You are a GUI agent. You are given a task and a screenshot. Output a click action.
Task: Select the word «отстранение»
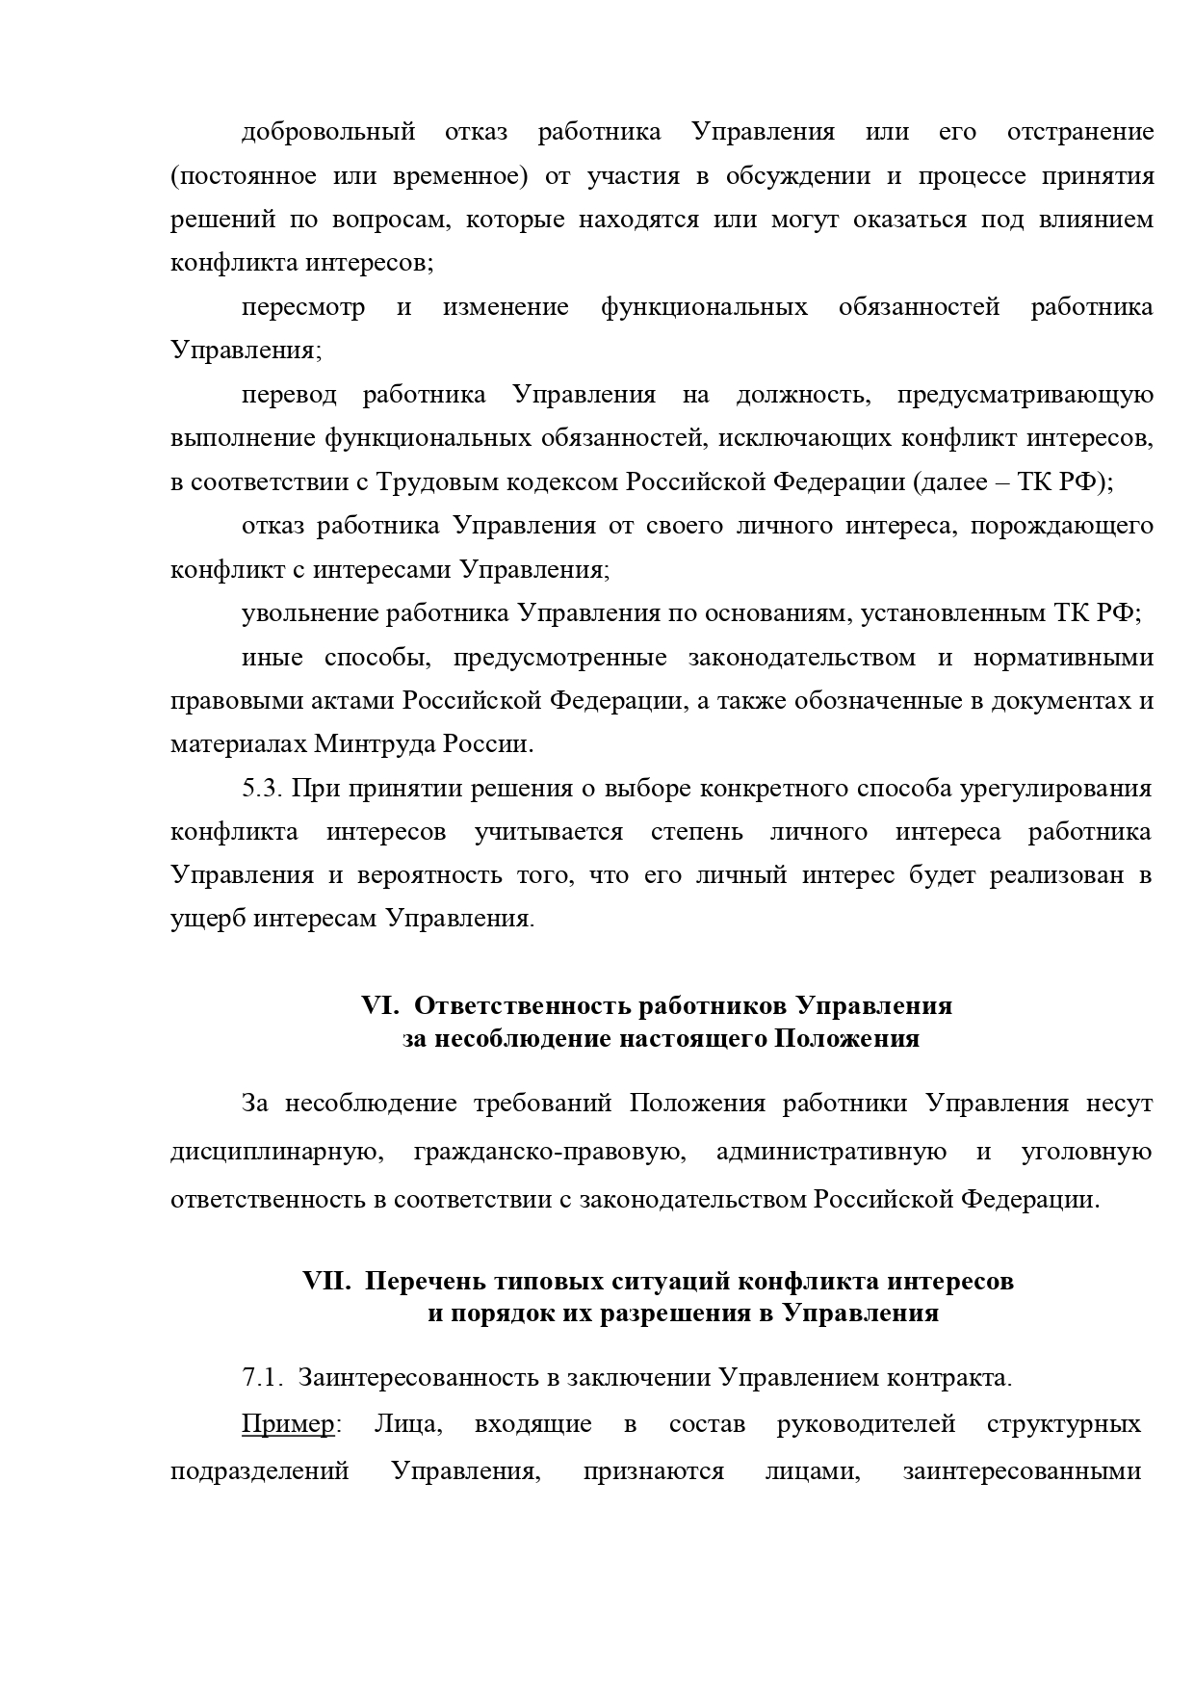1079,132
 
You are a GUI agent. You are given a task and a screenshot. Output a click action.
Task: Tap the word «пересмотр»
302,308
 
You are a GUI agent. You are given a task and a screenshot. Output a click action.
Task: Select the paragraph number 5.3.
261,789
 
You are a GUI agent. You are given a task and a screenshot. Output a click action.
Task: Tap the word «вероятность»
431,876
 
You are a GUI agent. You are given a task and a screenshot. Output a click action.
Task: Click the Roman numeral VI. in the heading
380,1006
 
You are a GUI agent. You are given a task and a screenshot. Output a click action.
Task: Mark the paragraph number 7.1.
261,1379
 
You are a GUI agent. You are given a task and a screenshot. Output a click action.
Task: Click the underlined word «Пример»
287,1425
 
